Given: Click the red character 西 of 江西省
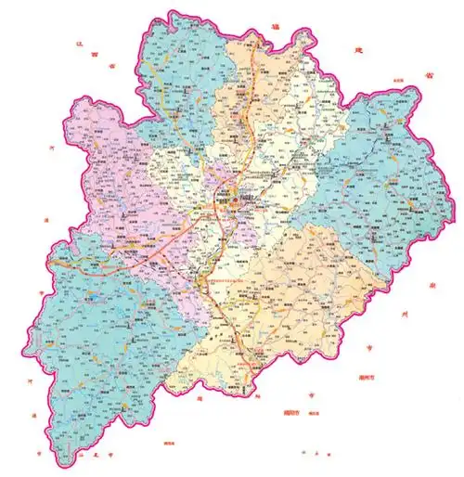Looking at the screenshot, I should tap(97, 53).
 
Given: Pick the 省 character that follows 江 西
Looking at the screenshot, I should tap(111, 66).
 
